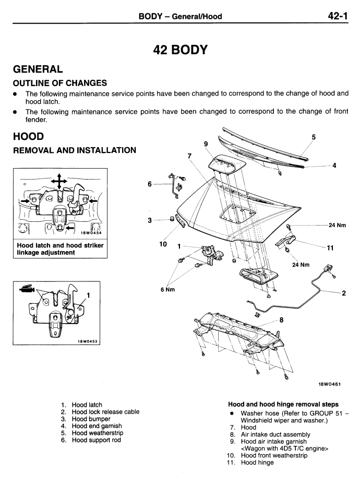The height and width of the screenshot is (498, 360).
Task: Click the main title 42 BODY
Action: [180, 50]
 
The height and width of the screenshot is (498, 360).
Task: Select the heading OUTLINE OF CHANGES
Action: [60, 82]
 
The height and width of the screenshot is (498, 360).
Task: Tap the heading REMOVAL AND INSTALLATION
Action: [75, 150]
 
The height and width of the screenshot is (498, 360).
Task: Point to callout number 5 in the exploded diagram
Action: [313, 137]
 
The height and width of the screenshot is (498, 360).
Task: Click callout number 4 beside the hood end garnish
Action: [334, 166]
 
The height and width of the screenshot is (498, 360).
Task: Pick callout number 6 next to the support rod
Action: [150, 184]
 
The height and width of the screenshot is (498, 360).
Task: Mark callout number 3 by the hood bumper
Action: [150, 221]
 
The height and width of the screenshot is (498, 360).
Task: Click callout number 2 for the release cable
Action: [343, 293]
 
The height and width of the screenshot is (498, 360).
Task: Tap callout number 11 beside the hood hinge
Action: [330, 248]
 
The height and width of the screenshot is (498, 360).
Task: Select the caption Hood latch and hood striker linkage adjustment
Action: [60, 249]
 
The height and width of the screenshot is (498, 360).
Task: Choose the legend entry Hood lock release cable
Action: [105, 412]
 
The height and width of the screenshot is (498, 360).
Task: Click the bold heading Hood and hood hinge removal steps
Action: [284, 404]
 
